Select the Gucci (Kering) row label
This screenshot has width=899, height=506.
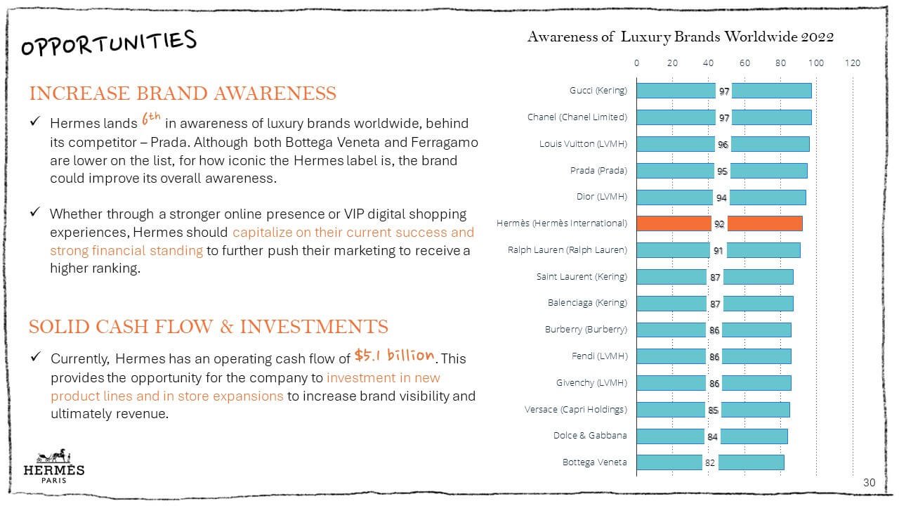tap(598, 91)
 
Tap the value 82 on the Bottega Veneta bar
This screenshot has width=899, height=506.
tap(709, 462)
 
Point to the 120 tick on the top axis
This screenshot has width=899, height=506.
tap(852, 63)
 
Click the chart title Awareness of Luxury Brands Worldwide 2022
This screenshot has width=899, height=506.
tap(680, 37)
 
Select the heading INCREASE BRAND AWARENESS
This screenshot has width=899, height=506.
tap(183, 93)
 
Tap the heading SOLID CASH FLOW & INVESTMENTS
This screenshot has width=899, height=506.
tap(208, 327)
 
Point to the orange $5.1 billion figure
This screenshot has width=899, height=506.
tap(394, 355)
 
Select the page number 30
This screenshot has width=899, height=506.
tap(869, 483)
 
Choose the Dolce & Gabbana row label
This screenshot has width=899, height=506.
tap(590, 436)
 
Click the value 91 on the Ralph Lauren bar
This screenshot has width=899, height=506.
tap(718, 250)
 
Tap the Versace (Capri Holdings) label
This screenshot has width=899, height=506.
tap(575, 409)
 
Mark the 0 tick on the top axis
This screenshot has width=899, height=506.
tap(637, 63)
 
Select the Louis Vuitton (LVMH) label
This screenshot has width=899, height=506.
tap(583, 144)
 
